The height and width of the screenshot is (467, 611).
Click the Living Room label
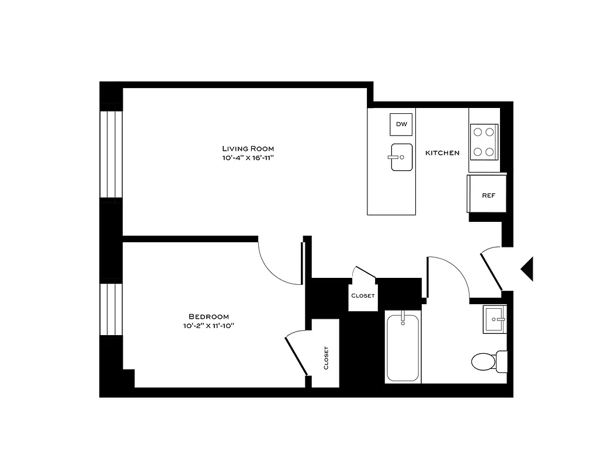(x=248, y=148)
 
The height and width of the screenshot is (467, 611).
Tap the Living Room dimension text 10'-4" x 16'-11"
(x=248, y=158)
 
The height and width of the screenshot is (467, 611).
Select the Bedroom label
(x=209, y=316)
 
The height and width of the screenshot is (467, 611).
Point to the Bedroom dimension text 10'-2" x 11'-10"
(x=209, y=326)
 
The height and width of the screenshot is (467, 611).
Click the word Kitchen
(x=442, y=153)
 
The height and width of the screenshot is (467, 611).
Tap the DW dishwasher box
(x=401, y=124)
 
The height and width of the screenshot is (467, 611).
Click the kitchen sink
(x=401, y=157)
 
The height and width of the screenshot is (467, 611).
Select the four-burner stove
(x=484, y=142)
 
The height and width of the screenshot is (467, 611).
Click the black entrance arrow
(x=527, y=269)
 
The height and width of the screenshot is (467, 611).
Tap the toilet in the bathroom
(x=487, y=361)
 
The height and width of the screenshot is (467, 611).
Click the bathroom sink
(x=495, y=319)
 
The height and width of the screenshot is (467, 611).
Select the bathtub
(x=402, y=348)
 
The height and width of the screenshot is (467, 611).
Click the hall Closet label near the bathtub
(x=363, y=295)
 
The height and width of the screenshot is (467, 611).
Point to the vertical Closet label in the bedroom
(x=326, y=358)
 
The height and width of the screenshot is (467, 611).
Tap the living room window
(x=111, y=154)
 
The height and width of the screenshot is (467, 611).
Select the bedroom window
(x=111, y=309)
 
